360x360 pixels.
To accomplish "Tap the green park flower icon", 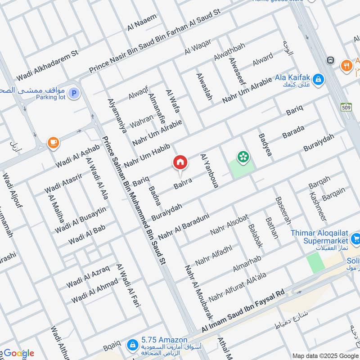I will point(243,157).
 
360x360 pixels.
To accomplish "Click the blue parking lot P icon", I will point(74,94).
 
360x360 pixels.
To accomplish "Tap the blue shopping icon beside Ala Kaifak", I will point(318,80).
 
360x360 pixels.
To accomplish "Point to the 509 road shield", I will point(346,108).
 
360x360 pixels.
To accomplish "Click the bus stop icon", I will point(331,60).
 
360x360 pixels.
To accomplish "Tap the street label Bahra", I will point(184,183).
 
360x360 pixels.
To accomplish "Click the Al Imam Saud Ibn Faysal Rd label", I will point(243,311).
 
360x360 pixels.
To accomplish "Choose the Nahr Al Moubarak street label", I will point(198,291).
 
